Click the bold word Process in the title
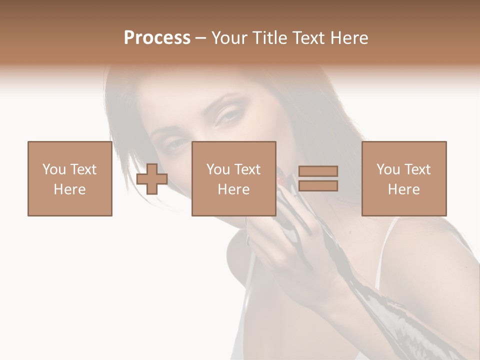[157, 38]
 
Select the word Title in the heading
[270, 38]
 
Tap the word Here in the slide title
[348, 38]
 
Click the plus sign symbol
[152, 179]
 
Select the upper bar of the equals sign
[318, 171]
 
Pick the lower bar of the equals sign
[318, 186]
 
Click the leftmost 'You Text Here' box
[69, 179]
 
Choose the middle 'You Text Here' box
[233, 179]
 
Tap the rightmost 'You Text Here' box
[403, 179]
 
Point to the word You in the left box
[54, 169]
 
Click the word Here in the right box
[403, 189]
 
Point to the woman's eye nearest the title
[227, 115]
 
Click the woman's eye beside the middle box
[176, 145]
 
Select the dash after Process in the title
[200, 38]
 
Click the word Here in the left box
[69, 189]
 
